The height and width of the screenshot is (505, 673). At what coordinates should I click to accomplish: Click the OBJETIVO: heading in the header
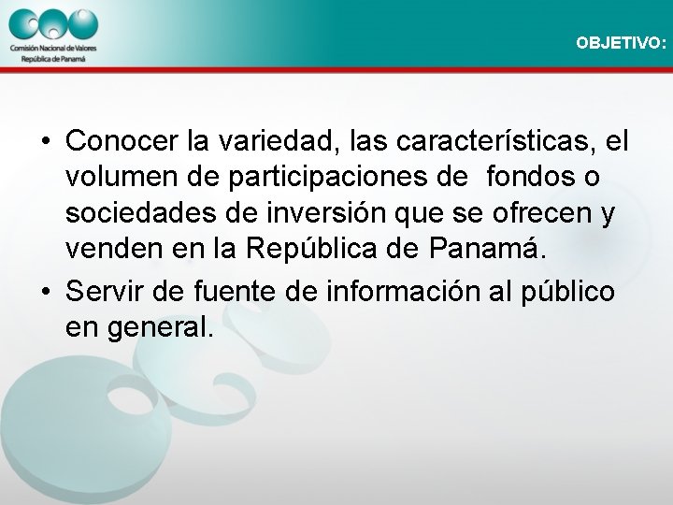tap(622, 43)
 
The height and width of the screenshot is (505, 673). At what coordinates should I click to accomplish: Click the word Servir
tap(106, 291)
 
